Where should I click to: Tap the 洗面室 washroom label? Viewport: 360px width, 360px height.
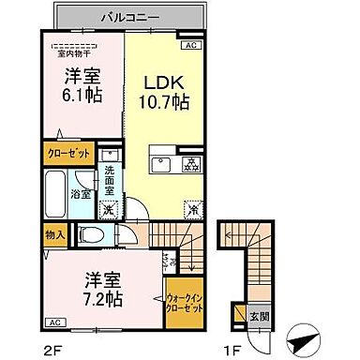pyautogui.click(x=109, y=177)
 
